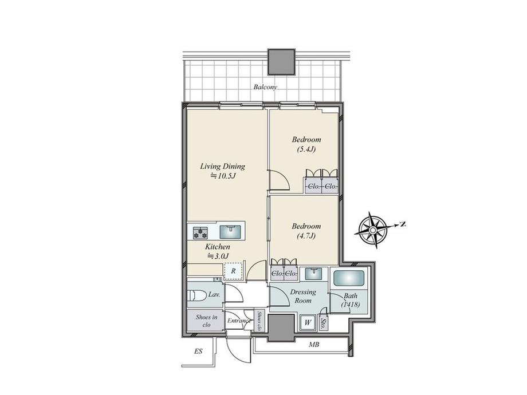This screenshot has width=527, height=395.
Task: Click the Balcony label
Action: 265,87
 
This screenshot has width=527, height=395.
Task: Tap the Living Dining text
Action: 222,166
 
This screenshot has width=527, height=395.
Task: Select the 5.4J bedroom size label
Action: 306,149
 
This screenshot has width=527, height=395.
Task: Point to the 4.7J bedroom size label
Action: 306,236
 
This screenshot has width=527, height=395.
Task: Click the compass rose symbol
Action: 373,230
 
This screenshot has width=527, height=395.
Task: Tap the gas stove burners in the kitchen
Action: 200,232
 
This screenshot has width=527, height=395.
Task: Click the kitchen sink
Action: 230,232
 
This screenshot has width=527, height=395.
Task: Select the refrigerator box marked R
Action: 233,271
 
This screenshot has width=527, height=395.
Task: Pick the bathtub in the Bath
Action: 349,278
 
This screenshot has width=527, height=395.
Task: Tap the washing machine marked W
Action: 308,323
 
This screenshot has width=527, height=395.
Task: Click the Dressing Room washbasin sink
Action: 314,274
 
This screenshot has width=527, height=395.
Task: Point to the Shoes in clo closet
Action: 206,321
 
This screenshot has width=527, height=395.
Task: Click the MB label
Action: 314,345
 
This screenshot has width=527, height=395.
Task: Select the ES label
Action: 198,351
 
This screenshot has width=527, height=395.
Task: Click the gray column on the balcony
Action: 281,62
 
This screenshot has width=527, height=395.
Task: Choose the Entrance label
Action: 239,321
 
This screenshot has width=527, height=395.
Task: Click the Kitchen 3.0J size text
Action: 218,256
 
